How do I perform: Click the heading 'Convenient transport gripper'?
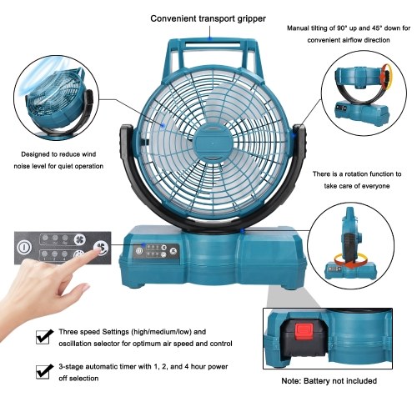(208, 19)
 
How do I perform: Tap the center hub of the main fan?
(213, 143)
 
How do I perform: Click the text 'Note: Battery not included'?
(329, 380)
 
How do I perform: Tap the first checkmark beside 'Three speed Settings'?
(44, 336)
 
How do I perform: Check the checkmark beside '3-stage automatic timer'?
(44, 371)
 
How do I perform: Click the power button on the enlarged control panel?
(24, 248)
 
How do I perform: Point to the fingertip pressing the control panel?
(98, 249)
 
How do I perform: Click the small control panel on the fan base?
(157, 251)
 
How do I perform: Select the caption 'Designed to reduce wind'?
(58, 154)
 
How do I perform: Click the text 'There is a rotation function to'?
(357, 174)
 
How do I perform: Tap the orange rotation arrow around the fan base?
(351, 260)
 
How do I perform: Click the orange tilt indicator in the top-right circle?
(386, 77)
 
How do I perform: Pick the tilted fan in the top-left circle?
(57, 103)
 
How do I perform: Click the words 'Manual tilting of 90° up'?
(323, 28)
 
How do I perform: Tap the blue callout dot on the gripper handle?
(210, 38)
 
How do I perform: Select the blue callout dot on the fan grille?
(163, 126)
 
